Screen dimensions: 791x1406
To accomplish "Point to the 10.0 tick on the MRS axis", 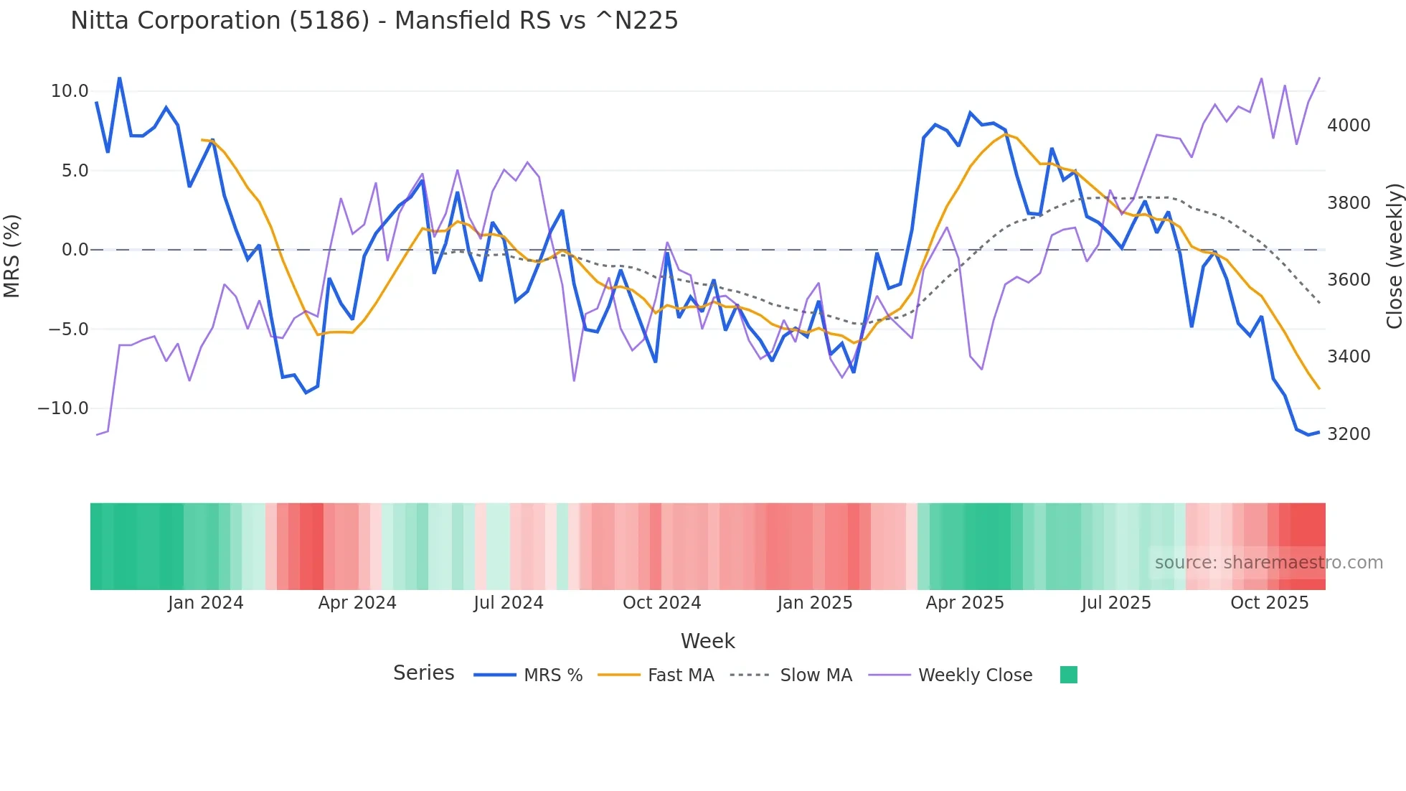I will pyautogui.click(x=69, y=91).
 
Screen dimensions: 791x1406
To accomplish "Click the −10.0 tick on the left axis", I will pyautogui.click(x=63, y=408).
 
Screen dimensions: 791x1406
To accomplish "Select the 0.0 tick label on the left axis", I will pyautogui.click(x=75, y=250).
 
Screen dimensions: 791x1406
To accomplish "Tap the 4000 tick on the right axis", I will pyautogui.click(x=1349, y=126).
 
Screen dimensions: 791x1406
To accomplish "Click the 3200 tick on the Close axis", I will pyautogui.click(x=1349, y=434).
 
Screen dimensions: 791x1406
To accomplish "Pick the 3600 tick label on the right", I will pyautogui.click(x=1349, y=280).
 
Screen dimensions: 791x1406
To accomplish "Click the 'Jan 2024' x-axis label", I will pyautogui.click(x=205, y=603).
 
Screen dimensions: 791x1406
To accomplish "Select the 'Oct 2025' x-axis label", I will pyautogui.click(x=1269, y=603).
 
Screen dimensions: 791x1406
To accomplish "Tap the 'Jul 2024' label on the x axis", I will pyautogui.click(x=508, y=603).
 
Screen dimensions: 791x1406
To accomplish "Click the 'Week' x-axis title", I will pyautogui.click(x=707, y=641).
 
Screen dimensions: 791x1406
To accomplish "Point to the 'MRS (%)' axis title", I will pyautogui.click(x=12, y=256).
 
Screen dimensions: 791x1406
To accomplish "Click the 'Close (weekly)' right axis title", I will pyautogui.click(x=1394, y=256).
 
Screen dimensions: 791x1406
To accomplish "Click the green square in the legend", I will pyautogui.click(x=1068, y=675).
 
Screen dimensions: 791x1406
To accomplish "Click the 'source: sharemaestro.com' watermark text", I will pyautogui.click(x=1268, y=563).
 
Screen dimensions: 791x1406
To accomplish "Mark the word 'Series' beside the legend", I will pyautogui.click(x=423, y=673).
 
